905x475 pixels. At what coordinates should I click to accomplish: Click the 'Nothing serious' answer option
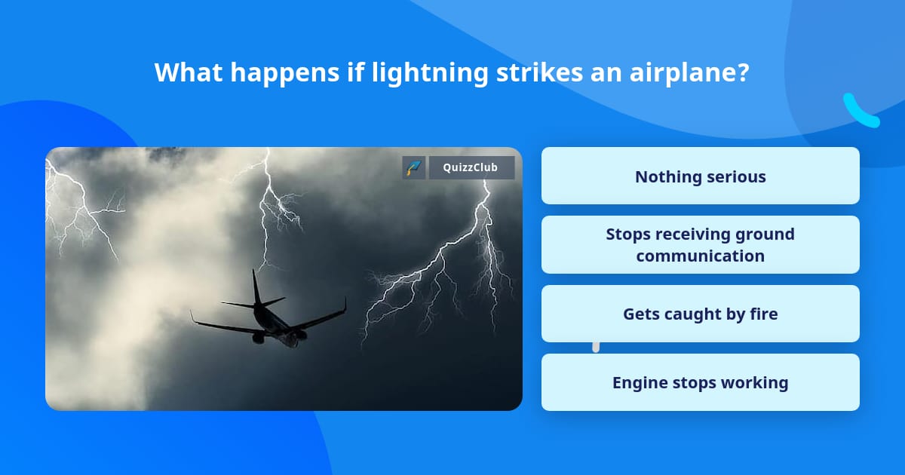(x=700, y=176)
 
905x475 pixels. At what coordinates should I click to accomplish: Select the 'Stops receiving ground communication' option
(x=700, y=245)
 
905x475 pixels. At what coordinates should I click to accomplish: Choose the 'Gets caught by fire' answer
(x=700, y=314)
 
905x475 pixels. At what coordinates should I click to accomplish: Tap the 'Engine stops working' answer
(x=700, y=382)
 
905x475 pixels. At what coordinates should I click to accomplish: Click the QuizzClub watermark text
(x=471, y=167)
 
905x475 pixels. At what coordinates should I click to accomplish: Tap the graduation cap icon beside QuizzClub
(x=414, y=167)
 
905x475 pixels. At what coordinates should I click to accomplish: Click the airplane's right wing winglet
(x=344, y=305)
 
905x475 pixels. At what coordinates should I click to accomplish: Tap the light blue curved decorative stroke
(x=860, y=112)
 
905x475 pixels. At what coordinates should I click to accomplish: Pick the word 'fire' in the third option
(x=762, y=314)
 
